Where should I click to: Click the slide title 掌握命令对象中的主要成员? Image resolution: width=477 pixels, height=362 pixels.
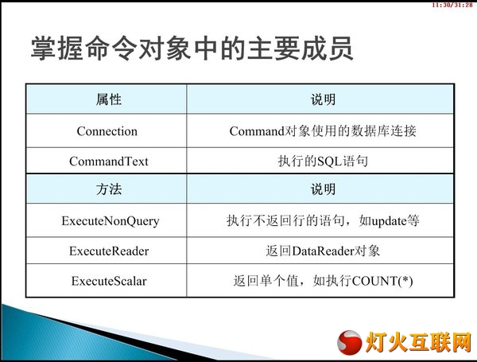pos(192,48)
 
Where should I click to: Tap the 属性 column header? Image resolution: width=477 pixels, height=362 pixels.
pos(109,99)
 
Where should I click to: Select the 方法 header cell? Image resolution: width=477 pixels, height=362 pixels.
pos(109,189)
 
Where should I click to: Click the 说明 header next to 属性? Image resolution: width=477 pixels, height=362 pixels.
pos(323,99)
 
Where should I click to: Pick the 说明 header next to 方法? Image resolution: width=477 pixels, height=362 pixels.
pos(323,189)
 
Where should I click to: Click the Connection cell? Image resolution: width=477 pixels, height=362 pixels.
pos(107,131)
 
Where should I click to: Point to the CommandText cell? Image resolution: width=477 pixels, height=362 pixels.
pos(109,161)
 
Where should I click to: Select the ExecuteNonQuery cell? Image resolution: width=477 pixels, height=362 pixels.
pos(111,221)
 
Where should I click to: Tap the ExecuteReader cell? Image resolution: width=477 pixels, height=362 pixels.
pos(109,251)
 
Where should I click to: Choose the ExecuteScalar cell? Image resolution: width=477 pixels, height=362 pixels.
pos(109,281)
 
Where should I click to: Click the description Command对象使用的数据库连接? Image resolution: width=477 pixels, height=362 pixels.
pos(323,131)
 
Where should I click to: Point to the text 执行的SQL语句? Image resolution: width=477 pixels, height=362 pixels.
pos(323,161)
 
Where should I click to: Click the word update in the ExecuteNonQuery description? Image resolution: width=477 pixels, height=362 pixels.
pos(389,221)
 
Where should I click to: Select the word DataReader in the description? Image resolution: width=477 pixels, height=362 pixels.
pos(323,251)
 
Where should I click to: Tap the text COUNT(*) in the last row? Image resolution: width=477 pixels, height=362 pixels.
pos(382,281)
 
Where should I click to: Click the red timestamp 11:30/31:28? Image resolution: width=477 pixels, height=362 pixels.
pos(452,5)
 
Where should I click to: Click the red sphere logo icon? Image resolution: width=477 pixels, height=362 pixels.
pos(350,343)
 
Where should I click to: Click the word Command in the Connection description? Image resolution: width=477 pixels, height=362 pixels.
pos(257,131)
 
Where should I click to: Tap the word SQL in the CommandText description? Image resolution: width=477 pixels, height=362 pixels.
pos(330,162)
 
